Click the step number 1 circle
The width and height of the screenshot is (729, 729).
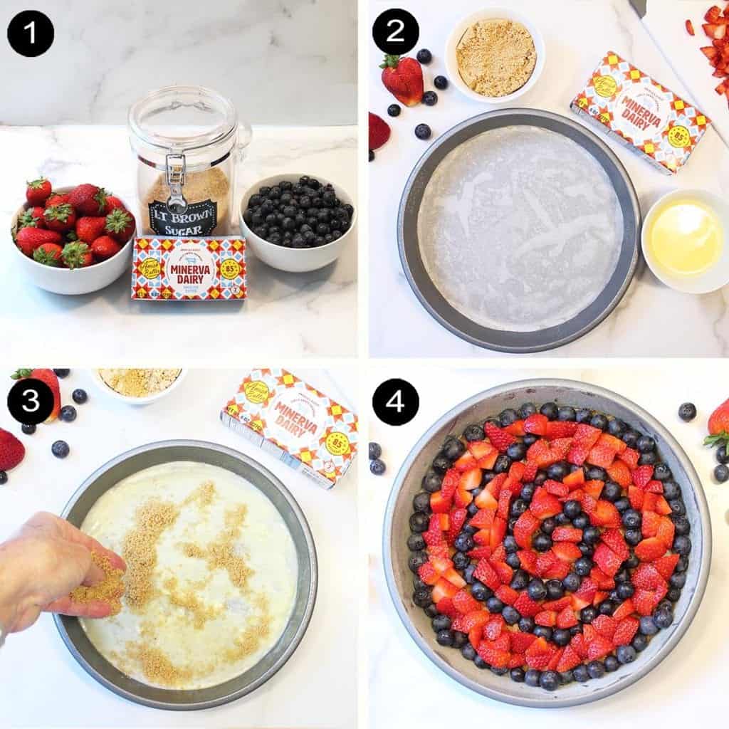point(31,33)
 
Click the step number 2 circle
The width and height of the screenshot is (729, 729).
point(395,33)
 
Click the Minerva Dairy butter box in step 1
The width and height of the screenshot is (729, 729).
point(189,268)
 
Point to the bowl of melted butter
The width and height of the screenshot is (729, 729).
point(686,239)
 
